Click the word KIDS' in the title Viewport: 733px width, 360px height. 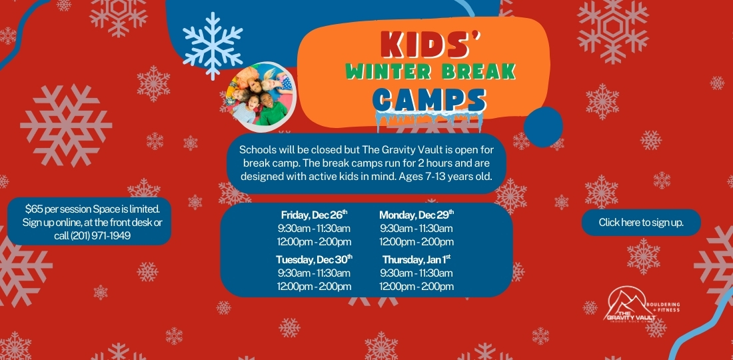pos(431,45)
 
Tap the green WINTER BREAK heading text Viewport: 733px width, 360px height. pos(430,71)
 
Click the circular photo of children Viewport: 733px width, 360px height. pos(261,97)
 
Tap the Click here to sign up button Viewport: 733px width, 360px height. pos(641,223)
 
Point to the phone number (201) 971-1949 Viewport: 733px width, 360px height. pos(100,236)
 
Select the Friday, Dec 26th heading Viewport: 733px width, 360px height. pos(314,215)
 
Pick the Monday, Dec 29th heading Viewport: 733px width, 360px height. pos(416,215)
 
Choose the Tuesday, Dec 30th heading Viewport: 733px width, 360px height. pos(314,259)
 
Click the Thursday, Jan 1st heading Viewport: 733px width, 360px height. pos(416,259)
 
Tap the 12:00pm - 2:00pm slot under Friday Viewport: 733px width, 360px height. pos(314,242)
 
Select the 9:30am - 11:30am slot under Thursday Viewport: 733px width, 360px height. pos(416,273)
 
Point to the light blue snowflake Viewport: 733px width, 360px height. pos(213,46)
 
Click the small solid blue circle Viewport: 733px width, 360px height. pos(543,127)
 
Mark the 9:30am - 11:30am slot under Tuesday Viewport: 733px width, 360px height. pos(314,273)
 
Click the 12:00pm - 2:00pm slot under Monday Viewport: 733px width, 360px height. pos(416,242)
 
